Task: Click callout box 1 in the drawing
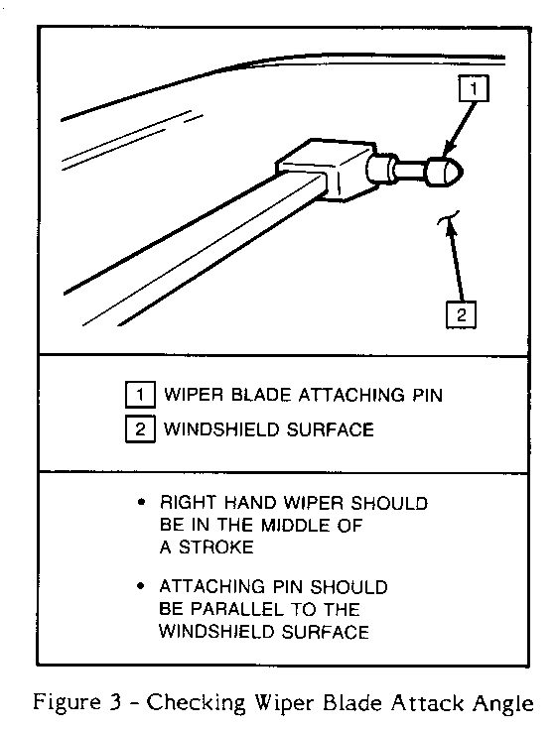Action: point(474,88)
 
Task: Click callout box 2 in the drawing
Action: point(461,315)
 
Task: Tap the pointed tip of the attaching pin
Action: point(463,173)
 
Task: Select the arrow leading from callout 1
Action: point(459,129)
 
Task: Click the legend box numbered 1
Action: point(140,395)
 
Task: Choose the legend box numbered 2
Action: point(140,428)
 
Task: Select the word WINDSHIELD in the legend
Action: point(221,429)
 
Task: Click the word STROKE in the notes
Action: point(216,547)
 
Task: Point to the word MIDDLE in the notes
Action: point(295,525)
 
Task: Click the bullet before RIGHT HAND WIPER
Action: point(141,502)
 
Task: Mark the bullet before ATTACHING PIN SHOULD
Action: point(141,586)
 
